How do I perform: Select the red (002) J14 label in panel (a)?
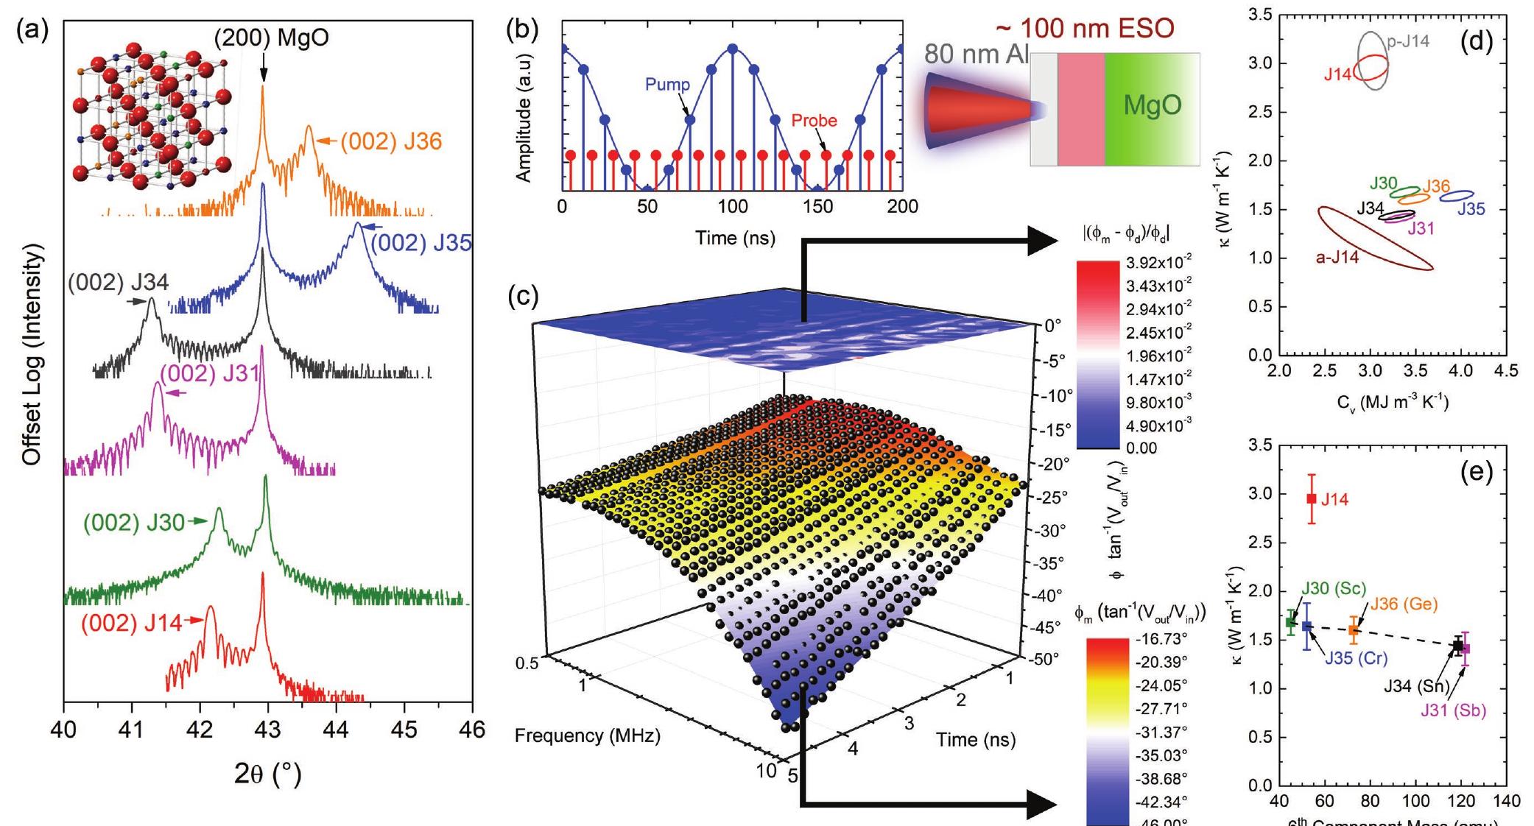(131, 623)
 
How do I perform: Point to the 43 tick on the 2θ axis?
(267, 730)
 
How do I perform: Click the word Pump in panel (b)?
(667, 85)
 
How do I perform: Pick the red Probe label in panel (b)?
(815, 120)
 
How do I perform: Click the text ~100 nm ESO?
(1084, 28)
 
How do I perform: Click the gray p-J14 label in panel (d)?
(1408, 43)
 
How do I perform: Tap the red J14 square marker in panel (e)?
(1311, 498)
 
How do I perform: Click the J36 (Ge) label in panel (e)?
(1403, 604)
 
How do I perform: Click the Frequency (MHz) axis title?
(587, 735)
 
